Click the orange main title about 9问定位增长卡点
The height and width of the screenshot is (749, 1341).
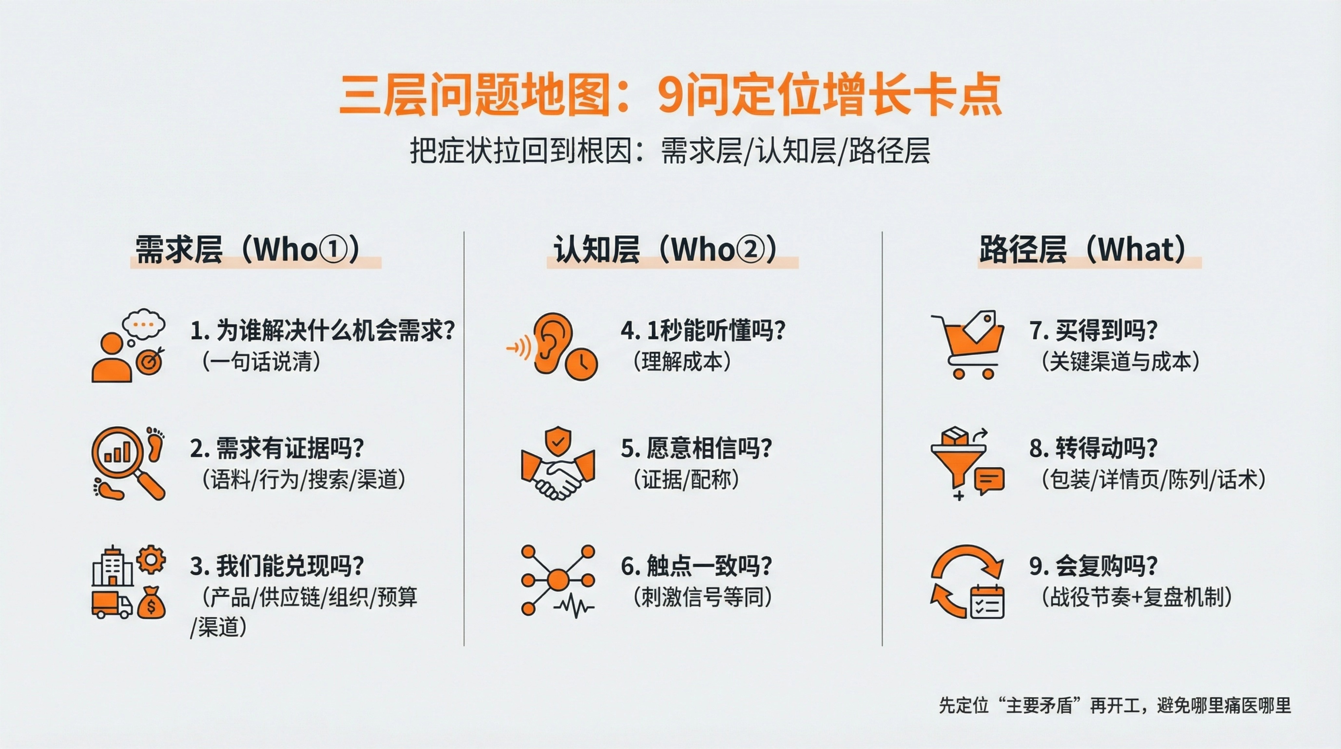click(671, 95)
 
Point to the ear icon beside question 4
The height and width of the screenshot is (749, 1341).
click(552, 344)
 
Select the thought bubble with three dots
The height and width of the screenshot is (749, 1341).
click(143, 325)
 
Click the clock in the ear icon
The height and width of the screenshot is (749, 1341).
click(582, 363)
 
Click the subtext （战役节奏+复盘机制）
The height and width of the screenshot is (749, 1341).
click(1136, 598)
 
